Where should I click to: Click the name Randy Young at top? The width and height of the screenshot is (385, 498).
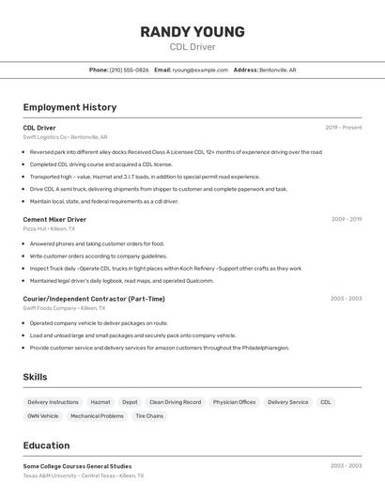pos(192,31)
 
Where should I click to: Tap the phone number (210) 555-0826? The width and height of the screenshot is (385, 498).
pos(129,70)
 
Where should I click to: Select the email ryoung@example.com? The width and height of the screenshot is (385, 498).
pos(200,70)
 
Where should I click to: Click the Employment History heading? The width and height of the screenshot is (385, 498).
pos(69,107)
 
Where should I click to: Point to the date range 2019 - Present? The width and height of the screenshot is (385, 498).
pos(343,127)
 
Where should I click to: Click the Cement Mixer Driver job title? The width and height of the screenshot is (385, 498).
pos(54,219)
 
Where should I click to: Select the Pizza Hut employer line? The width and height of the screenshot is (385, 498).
pos(49,228)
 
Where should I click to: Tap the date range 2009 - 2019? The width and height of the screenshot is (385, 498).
pos(346,219)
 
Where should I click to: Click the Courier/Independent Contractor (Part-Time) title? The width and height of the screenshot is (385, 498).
pos(94,299)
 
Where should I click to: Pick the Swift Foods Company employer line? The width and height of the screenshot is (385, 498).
pos(64,308)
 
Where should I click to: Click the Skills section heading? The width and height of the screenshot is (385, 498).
pos(36,377)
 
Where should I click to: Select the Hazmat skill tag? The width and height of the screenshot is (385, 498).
pos(100,402)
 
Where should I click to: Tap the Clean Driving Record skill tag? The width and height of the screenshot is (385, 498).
pos(175,402)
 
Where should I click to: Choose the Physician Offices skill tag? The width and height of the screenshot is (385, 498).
pos(234,402)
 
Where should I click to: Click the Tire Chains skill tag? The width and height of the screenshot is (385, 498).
pos(149,415)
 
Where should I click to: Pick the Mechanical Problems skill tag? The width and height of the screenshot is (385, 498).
pos(97,415)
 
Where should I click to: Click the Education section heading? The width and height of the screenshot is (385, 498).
pos(46,445)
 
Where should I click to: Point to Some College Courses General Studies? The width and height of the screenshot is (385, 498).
pos(77,466)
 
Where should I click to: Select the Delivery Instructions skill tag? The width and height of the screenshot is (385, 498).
pos(51,402)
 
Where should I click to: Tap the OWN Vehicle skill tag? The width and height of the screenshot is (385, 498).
pos(43,415)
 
